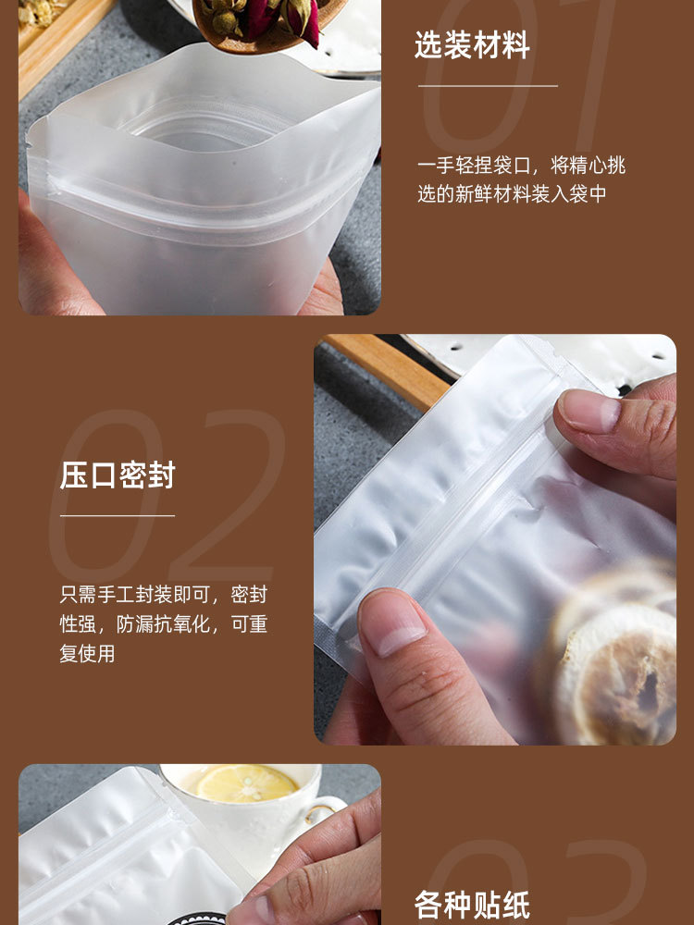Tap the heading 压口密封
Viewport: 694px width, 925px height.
click(x=118, y=475)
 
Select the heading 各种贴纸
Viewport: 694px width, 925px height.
click(x=472, y=904)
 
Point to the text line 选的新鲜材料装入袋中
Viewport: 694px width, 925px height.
click(x=511, y=194)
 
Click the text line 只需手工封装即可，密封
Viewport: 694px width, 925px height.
click(x=163, y=595)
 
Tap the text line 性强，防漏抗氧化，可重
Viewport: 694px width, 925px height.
click(x=163, y=624)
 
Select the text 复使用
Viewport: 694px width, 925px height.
click(x=88, y=653)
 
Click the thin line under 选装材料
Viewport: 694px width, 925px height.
click(x=488, y=86)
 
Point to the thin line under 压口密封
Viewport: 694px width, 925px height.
click(x=118, y=515)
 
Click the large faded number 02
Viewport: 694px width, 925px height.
click(x=167, y=499)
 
